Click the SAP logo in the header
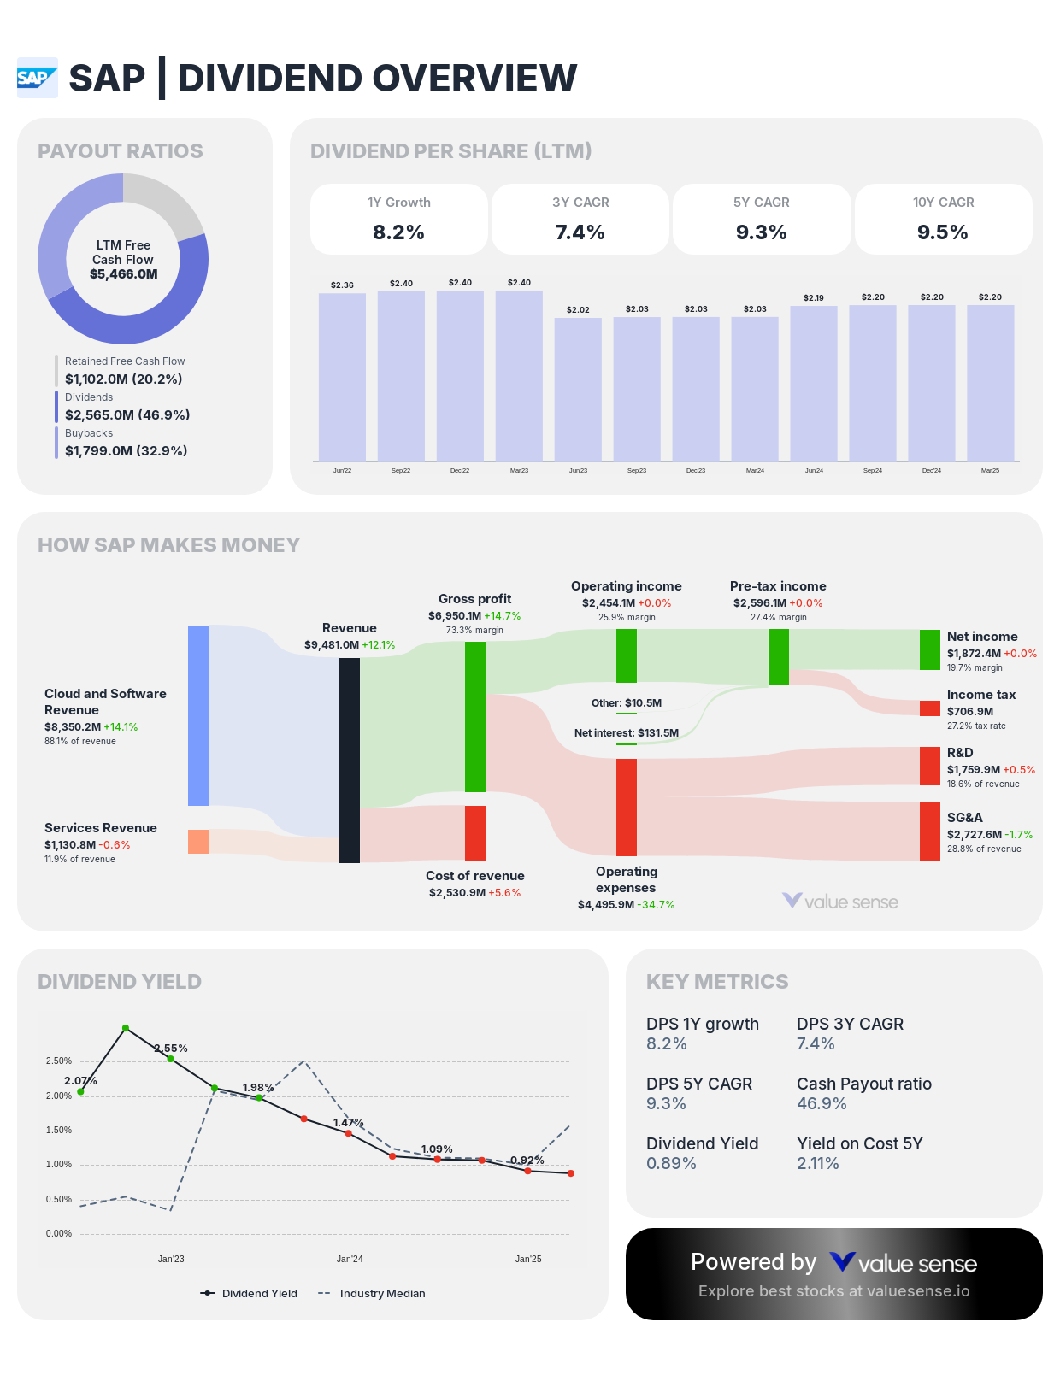37,78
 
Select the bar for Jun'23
578,389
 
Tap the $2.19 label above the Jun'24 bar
814,297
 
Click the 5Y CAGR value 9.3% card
762,232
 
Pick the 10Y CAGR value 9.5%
943,232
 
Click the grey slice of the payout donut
162,201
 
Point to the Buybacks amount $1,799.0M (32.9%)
126,450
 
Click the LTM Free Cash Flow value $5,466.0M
123,274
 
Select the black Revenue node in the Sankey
350,760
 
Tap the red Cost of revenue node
475,832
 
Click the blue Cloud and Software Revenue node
198,715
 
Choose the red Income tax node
930,708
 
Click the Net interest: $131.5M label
626,732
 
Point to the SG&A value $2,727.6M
974,834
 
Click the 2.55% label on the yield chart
171,1048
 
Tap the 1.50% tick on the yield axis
59,1130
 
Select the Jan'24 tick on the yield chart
350,1259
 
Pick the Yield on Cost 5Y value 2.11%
818,1163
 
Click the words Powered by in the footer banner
753,1261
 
